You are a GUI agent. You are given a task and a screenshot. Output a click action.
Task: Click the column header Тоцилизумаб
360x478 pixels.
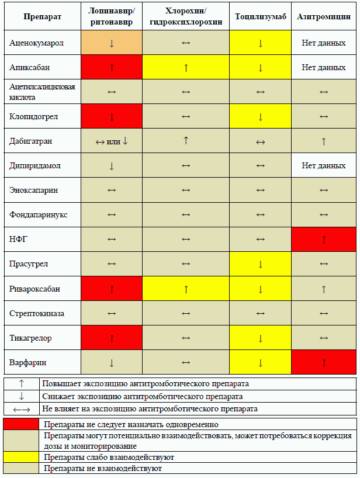click(x=261, y=17)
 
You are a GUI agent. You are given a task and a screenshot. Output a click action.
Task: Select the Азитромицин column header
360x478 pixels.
click(x=324, y=17)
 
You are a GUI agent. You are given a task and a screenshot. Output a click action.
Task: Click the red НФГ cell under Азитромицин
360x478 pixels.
click(x=324, y=239)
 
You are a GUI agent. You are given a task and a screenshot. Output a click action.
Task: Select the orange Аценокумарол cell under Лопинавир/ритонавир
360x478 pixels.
click(x=112, y=43)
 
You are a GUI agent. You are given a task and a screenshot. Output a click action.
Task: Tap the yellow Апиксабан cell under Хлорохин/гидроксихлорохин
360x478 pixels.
click(x=186, y=67)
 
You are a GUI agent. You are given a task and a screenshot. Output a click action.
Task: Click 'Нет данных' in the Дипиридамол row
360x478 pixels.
click(x=324, y=166)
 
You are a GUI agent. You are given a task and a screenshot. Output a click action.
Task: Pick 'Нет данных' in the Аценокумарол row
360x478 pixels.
click(x=324, y=43)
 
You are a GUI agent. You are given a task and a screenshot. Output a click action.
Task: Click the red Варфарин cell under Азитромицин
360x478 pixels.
click(x=324, y=362)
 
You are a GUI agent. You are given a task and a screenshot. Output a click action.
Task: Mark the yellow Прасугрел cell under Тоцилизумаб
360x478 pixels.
click(x=261, y=264)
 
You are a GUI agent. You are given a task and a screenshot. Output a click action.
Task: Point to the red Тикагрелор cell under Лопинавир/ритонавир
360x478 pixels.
click(x=112, y=338)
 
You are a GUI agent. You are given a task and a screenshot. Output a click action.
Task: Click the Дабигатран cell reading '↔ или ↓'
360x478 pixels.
click(x=112, y=141)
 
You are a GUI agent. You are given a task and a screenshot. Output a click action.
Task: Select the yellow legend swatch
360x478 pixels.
click(x=21, y=457)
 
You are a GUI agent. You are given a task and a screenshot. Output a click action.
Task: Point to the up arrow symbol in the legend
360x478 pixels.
click(x=21, y=384)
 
